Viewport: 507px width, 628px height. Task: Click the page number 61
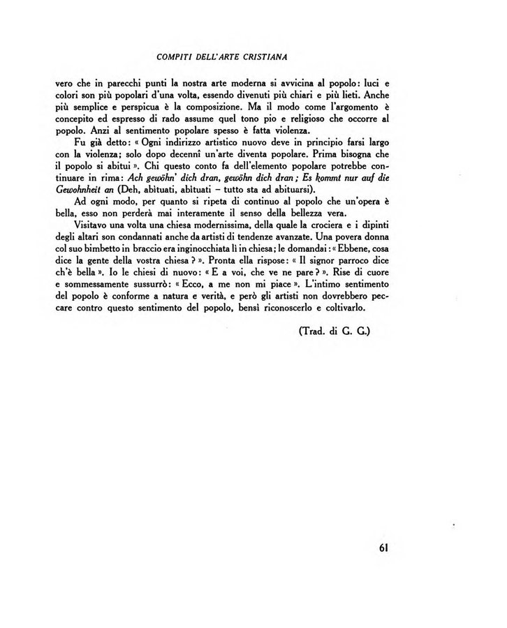(x=381, y=547)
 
